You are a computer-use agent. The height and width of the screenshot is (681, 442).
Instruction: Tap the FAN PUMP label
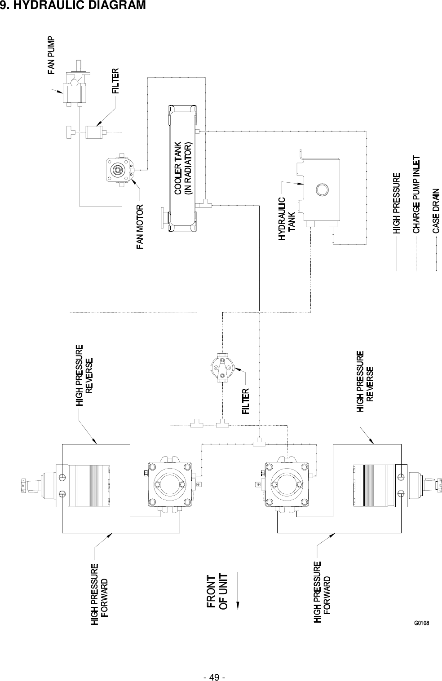click(52, 55)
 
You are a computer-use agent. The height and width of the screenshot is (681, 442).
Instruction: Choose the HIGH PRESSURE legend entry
click(396, 203)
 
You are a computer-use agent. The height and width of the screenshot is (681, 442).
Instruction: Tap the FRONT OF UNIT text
click(217, 591)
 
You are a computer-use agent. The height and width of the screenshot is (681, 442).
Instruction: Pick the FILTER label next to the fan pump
click(116, 81)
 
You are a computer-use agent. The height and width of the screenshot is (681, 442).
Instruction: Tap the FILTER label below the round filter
click(246, 402)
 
